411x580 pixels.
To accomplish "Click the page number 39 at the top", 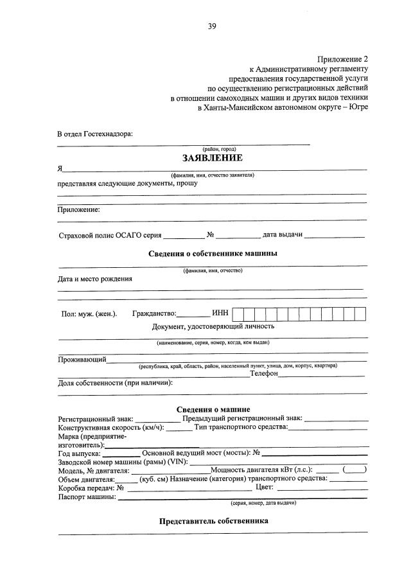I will (212, 26).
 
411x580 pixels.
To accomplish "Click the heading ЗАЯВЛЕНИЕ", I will (212, 158).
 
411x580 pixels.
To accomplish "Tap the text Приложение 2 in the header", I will (343, 58).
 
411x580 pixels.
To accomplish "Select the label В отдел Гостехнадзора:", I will (95, 134).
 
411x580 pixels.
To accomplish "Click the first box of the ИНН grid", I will (238, 314).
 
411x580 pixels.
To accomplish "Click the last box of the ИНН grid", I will (360, 314).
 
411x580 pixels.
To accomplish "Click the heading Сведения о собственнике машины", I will (213, 253).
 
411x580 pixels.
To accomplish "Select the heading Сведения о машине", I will (213, 409).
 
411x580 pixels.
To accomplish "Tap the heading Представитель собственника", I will (213, 522).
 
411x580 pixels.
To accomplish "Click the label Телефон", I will (264, 373).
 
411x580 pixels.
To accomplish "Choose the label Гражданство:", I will (153, 314).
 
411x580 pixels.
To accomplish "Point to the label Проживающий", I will (82, 359).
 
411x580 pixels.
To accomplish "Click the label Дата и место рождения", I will (95, 279).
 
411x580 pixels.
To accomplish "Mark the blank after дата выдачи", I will (335, 235).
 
